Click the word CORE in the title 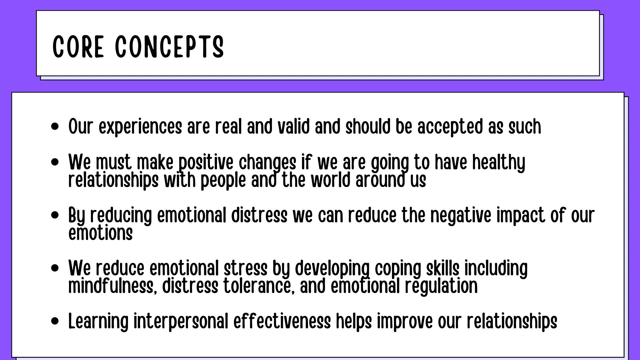pyautogui.click(x=78, y=47)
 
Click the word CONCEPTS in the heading pyautogui.click(x=169, y=47)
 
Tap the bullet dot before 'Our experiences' pyautogui.click(x=55, y=127)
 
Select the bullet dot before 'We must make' pyautogui.click(x=55, y=162)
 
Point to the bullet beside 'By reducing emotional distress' pyautogui.click(x=55, y=215)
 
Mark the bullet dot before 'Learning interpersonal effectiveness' pyautogui.click(x=55, y=321)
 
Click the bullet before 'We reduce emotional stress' pyautogui.click(x=55, y=268)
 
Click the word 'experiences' pyautogui.click(x=140, y=127)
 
